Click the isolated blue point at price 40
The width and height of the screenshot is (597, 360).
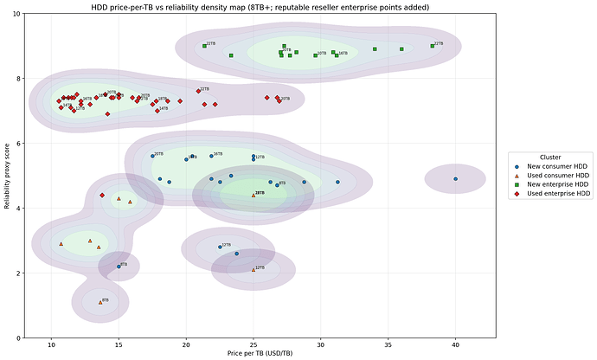pyautogui.click(x=456, y=179)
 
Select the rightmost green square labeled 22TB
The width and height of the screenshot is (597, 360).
pyautogui.click(x=432, y=45)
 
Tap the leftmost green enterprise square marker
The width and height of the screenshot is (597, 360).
pyautogui.click(x=204, y=46)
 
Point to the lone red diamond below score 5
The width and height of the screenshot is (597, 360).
pyautogui.click(x=102, y=196)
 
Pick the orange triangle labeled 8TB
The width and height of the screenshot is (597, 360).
pyautogui.click(x=100, y=302)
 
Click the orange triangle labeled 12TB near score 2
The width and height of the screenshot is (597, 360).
pyautogui.click(x=254, y=269)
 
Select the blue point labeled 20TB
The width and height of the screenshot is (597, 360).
pyautogui.click(x=152, y=156)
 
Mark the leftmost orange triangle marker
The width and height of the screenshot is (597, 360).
pyautogui.click(x=61, y=244)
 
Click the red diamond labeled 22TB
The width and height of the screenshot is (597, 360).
pyautogui.click(x=196, y=91)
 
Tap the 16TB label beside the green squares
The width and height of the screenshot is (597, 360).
pyautogui.click(x=343, y=53)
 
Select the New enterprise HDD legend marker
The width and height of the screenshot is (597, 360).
pyautogui.click(x=517, y=185)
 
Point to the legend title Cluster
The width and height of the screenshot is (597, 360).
pyautogui.click(x=551, y=157)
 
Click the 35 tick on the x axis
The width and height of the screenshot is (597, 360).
pyautogui.click(x=388, y=345)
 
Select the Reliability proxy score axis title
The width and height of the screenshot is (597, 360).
pyautogui.click(x=8, y=177)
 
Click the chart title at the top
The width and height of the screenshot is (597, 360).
pyautogui.click(x=260, y=6)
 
